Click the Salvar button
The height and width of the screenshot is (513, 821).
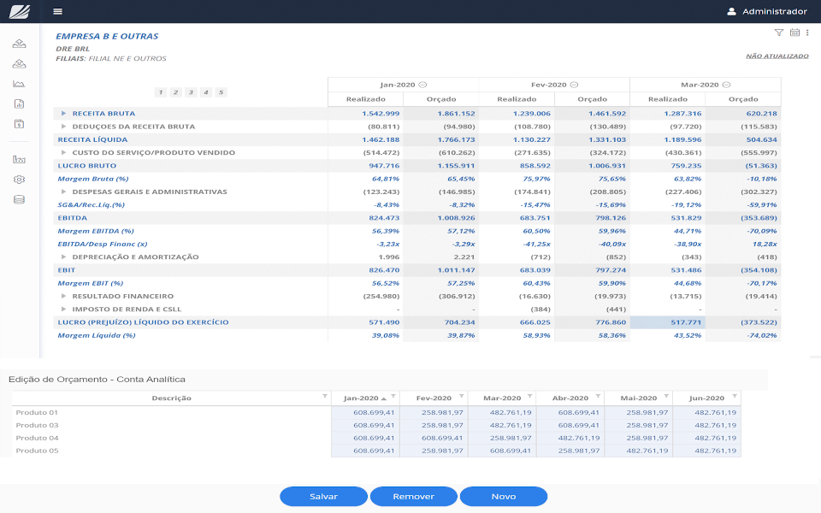click(323, 497)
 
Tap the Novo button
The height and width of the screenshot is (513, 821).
click(504, 497)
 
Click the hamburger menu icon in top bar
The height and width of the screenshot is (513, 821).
click(57, 12)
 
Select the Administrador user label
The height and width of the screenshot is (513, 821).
click(774, 12)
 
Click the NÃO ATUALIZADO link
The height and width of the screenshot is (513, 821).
click(777, 56)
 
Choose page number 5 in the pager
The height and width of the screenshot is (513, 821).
click(221, 92)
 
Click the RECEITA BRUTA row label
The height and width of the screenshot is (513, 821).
click(103, 114)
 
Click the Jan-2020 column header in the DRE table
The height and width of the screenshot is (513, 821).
click(398, 85)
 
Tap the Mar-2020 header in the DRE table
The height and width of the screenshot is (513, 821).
click(700, 85)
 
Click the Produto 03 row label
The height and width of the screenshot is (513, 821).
click(37, 425)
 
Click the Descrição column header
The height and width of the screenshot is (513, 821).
click(171, 398)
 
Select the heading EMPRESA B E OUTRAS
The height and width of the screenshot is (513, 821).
click(107, 37)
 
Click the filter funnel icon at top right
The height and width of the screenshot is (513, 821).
click(778, 32)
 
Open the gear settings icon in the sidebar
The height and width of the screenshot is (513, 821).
click(20, 180)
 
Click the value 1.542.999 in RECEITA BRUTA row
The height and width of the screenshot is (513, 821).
click(381, 114)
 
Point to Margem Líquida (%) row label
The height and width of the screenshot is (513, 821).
click(97, 335)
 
